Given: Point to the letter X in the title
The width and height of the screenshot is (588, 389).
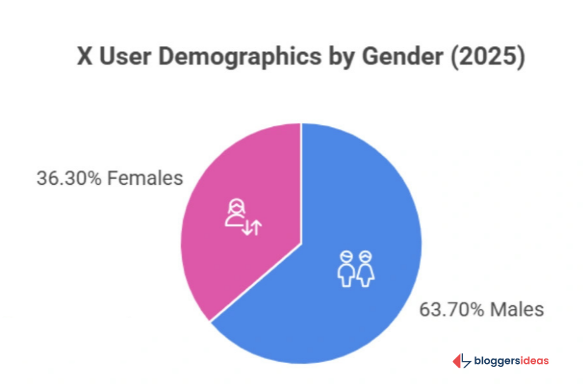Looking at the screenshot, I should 84,57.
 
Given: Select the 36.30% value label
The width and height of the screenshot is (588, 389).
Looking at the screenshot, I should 69,178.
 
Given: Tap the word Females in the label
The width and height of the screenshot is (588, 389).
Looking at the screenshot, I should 145,178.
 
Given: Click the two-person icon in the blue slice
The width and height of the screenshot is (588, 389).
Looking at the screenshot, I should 355,268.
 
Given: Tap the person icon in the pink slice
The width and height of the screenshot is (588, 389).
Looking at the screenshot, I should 235,213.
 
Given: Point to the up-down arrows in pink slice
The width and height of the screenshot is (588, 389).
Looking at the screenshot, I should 252,228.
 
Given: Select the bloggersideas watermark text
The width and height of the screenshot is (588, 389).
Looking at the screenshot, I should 511,361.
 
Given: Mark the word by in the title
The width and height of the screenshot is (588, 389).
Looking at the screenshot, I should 340,57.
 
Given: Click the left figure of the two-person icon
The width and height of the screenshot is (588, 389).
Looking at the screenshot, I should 345,268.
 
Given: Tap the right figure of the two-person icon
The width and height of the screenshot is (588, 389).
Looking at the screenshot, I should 365,268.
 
